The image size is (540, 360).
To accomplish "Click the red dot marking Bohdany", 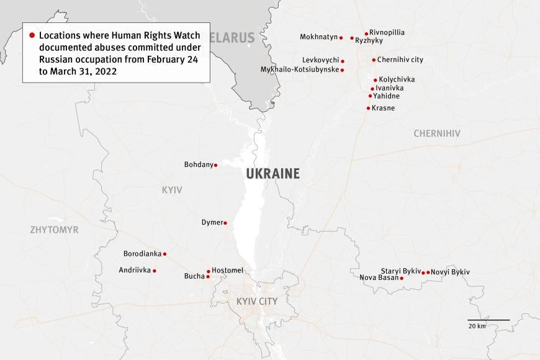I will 215,165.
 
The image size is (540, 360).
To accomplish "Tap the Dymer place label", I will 212,222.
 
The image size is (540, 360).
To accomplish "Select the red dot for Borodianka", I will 164,254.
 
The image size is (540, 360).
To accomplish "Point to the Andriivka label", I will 135,270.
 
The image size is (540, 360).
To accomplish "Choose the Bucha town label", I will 194,276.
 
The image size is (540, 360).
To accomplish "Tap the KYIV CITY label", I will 257,302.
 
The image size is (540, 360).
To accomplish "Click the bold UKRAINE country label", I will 272,174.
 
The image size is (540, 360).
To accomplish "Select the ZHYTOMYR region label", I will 55,230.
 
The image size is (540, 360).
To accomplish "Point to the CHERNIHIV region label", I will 437,133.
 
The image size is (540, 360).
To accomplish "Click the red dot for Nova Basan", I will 402,278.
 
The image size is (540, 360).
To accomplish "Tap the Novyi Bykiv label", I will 450,272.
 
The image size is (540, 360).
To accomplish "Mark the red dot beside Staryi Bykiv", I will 423,272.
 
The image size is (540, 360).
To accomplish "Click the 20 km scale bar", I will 488,320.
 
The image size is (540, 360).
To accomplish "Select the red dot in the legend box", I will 32,35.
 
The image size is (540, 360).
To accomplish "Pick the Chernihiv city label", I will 400,60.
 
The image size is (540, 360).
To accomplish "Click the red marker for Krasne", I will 368,108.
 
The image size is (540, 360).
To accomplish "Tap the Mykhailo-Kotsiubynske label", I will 300,70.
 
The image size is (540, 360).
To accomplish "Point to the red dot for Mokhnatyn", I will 341,37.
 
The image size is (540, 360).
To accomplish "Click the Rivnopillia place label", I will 387,32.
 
